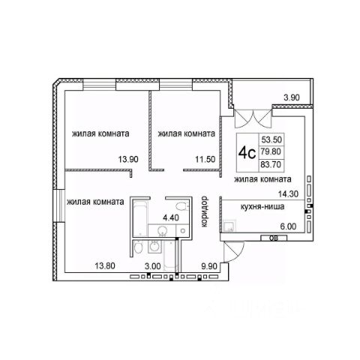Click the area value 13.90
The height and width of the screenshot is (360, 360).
tap(128, 159)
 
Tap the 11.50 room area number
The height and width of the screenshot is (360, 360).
tap(205, 159)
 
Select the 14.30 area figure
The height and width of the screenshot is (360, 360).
tap(289, 193)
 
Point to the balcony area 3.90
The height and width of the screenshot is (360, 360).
tap(292, 97)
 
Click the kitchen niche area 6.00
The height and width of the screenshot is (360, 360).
tap(288, 226)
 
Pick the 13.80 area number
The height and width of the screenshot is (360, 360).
tap(105, 265)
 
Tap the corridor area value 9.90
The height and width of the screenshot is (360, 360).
tap(209, 266)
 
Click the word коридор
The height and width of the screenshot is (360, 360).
tap(205, 211)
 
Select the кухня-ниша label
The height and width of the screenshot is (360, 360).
tap(262, 207)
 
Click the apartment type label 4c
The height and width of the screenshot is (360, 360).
tap(247, 153)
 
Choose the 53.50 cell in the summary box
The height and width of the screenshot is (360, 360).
tap(271, 139)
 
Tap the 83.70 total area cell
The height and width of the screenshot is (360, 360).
tap(271, 165)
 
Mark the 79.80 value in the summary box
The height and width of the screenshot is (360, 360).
tap(271, 151)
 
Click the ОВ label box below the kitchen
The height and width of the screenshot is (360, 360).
tap(274, 238)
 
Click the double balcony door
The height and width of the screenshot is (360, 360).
tap(253, 118)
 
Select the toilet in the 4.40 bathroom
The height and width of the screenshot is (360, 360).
tap(182, 206)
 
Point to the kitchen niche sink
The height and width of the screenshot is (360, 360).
tap(229, 226)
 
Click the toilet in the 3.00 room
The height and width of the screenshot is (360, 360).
tap(138, 248)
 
